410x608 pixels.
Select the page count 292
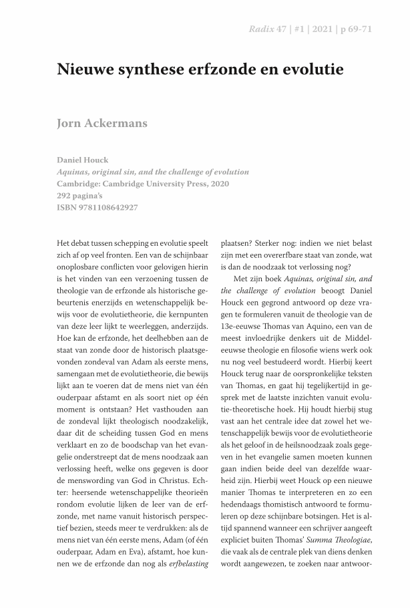point(66,196)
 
